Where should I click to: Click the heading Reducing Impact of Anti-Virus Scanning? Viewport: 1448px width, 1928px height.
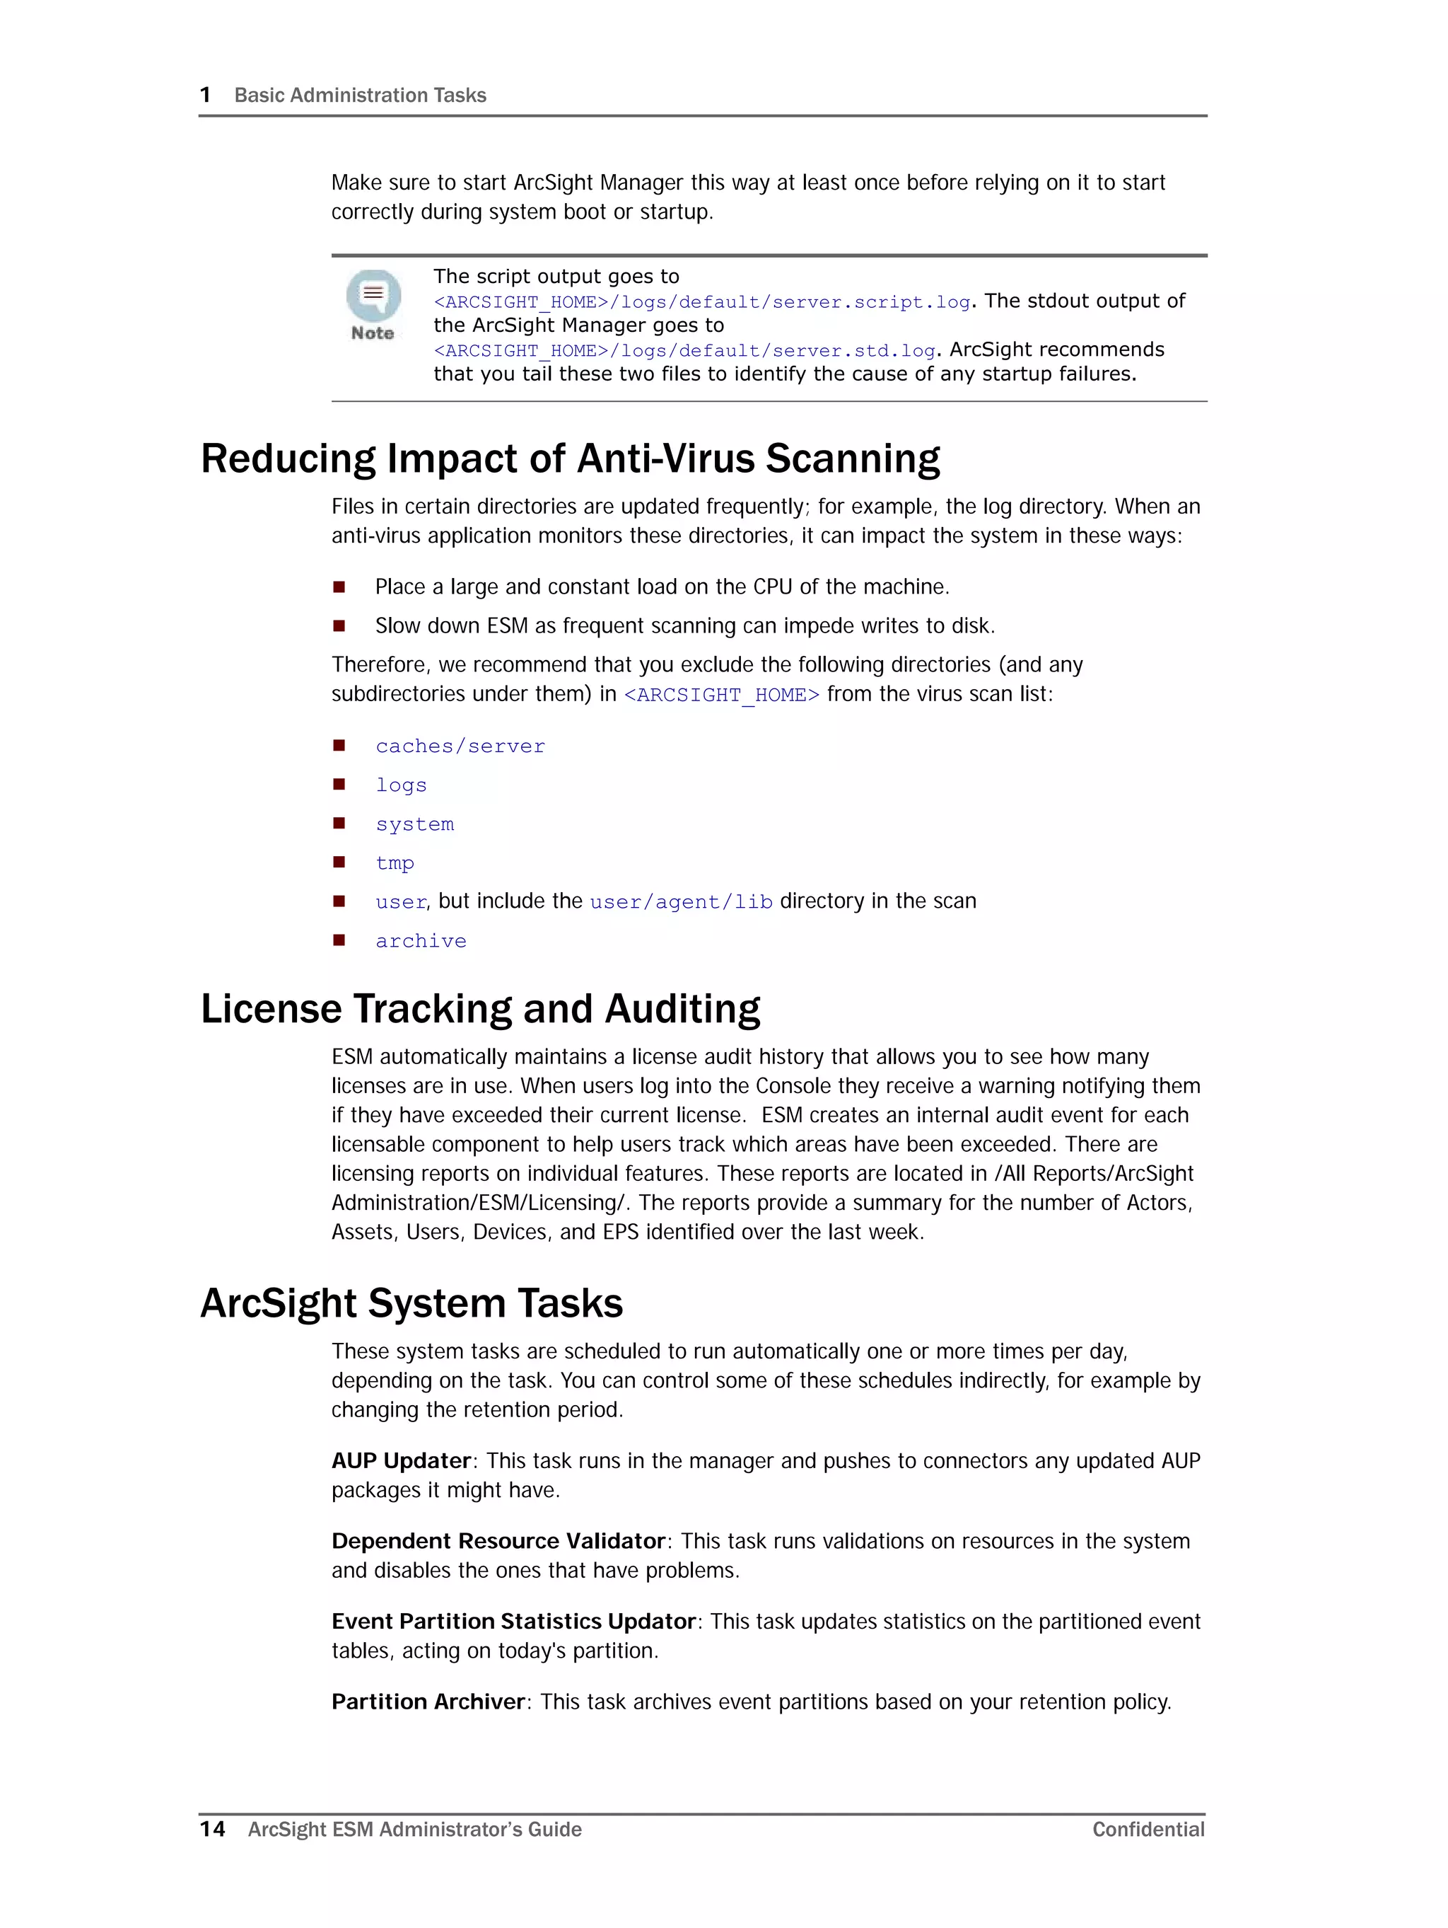[570, 458]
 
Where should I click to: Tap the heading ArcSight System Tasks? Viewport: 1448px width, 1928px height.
[411, 1303]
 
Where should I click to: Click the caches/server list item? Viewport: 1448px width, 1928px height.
[460, 746]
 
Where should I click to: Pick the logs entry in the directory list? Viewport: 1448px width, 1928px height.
[401, 785]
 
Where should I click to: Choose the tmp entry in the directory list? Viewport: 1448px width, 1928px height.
[395, 863]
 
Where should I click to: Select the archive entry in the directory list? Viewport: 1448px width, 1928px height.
[421, 941]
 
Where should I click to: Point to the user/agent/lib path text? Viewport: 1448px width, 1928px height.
[680, 902]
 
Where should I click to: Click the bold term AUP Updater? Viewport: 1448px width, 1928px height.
[401, 1461]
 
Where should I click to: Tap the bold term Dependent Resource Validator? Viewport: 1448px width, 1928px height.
[498, 1541]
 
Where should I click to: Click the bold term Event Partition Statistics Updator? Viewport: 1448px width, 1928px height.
[513, 1621]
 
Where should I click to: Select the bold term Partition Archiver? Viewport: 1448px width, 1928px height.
[428, 1702]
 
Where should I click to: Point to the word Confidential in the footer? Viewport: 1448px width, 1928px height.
[1148, 1830]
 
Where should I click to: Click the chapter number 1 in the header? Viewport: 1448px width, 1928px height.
[206, 95]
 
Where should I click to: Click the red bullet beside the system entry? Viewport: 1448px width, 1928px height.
[339, 824]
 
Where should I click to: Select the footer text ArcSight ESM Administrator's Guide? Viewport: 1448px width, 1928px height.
[415, 1830]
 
